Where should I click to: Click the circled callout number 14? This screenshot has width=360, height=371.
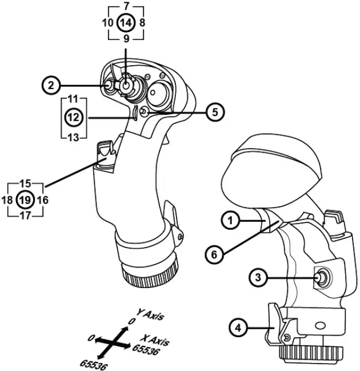click(x=126, y=23)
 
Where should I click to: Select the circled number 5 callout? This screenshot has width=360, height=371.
click(x=214, y=112)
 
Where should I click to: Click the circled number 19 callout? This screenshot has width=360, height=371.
click(x=25, y=200)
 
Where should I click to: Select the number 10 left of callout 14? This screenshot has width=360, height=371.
click(x=107, y=23)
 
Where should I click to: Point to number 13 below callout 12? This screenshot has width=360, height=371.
click(x=73, y=137)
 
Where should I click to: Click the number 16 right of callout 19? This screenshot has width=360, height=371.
click(x=42, y=200)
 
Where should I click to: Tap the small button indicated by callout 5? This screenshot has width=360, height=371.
click(x=143, y=113)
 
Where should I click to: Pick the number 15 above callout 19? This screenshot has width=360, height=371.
click(x=25, y=184)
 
